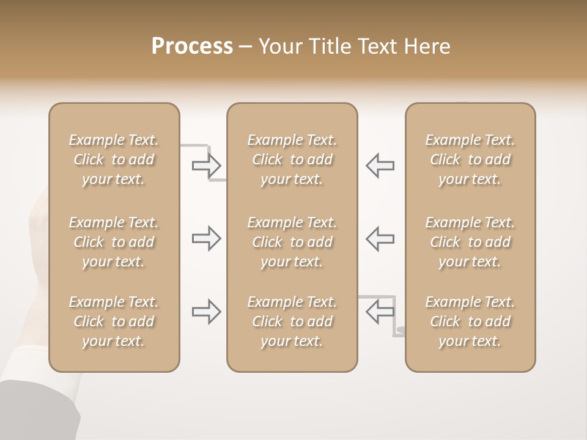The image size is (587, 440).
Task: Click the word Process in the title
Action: click(192, 46)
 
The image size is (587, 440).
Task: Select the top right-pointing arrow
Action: click(206, 165)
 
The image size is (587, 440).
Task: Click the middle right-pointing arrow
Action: click(206, 238)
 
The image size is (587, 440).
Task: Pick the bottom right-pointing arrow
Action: click(206, 312)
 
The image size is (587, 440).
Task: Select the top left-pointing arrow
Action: click(380, 165)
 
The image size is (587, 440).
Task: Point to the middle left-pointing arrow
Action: click(380, 238)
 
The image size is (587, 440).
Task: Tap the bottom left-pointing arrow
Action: click(380, 312)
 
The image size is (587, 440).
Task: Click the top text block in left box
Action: click(114, 159)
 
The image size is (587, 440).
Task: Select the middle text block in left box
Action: click(114, 242)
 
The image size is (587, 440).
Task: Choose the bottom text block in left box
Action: click(114, 321)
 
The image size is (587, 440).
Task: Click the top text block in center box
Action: click(292, 159)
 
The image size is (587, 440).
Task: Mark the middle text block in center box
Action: click(292, 242)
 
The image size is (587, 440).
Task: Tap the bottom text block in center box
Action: click(292, 321)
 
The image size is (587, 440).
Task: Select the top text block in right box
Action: click(470, 159)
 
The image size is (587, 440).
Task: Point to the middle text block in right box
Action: click(470, 242)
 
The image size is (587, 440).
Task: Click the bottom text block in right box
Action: click(470, 321)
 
